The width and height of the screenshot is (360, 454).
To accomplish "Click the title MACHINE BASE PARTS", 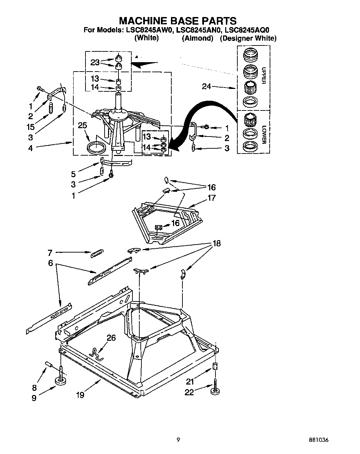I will tap(178, 21).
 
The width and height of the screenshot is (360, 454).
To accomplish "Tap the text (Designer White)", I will tap(248, 39).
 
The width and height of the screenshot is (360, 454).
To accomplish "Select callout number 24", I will tap(207, 86).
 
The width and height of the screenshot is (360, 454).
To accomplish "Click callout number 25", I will tap(82, 126).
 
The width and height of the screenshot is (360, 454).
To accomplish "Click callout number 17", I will tap(212, 198).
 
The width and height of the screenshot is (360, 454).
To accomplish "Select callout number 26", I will tap(111, 338).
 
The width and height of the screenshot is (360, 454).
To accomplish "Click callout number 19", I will tap(80, 395).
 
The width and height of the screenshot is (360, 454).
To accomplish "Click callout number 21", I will tap(189, 382).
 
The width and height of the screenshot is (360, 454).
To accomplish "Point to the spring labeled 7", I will tap(97, 254).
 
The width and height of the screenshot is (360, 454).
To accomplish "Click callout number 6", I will tap(51, 263).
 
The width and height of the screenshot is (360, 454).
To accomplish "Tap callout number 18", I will tap(216, 243).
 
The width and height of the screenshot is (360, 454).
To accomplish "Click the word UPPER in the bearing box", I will tap(263, 75).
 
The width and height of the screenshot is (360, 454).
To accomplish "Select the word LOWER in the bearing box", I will tap(263, 134).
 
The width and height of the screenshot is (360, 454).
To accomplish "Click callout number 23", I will tap(95, 63).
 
